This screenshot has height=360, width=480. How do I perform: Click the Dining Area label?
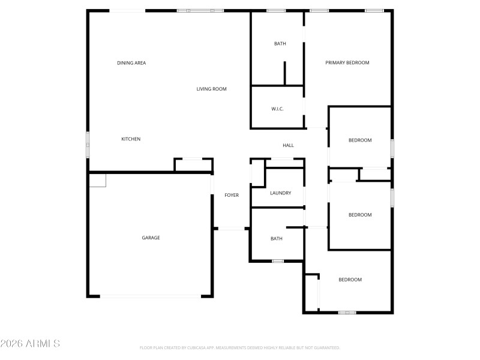click(131, 63)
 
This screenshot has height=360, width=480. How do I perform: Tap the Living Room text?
click(211, 89)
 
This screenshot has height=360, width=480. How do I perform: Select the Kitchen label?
click(131, 139)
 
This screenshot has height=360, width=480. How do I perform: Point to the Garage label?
click(151, 238)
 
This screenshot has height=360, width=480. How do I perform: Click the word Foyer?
click(232, 195)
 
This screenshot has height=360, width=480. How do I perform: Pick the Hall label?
click(288, 145)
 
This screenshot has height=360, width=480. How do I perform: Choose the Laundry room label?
click(280, 193)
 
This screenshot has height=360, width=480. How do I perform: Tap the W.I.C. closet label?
click(277, 109)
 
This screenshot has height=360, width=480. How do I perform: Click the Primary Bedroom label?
click(347, 63)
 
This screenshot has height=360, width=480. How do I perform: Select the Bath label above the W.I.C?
click(280, 44)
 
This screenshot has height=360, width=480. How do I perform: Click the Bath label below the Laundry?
click(276, 239)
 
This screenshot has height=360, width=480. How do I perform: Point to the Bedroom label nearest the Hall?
click(360, 140)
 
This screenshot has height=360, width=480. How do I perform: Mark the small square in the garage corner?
click(97, 180)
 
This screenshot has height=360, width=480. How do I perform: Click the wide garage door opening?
click(150, 296)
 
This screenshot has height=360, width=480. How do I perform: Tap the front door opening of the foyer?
click(231, 229)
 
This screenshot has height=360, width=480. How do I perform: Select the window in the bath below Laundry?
click(277, 261)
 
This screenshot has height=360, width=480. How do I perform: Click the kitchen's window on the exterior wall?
click(88, 139)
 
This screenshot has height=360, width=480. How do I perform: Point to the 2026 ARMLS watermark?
click(30, 344)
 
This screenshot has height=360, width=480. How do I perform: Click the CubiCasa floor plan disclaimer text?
click(240, 347)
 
